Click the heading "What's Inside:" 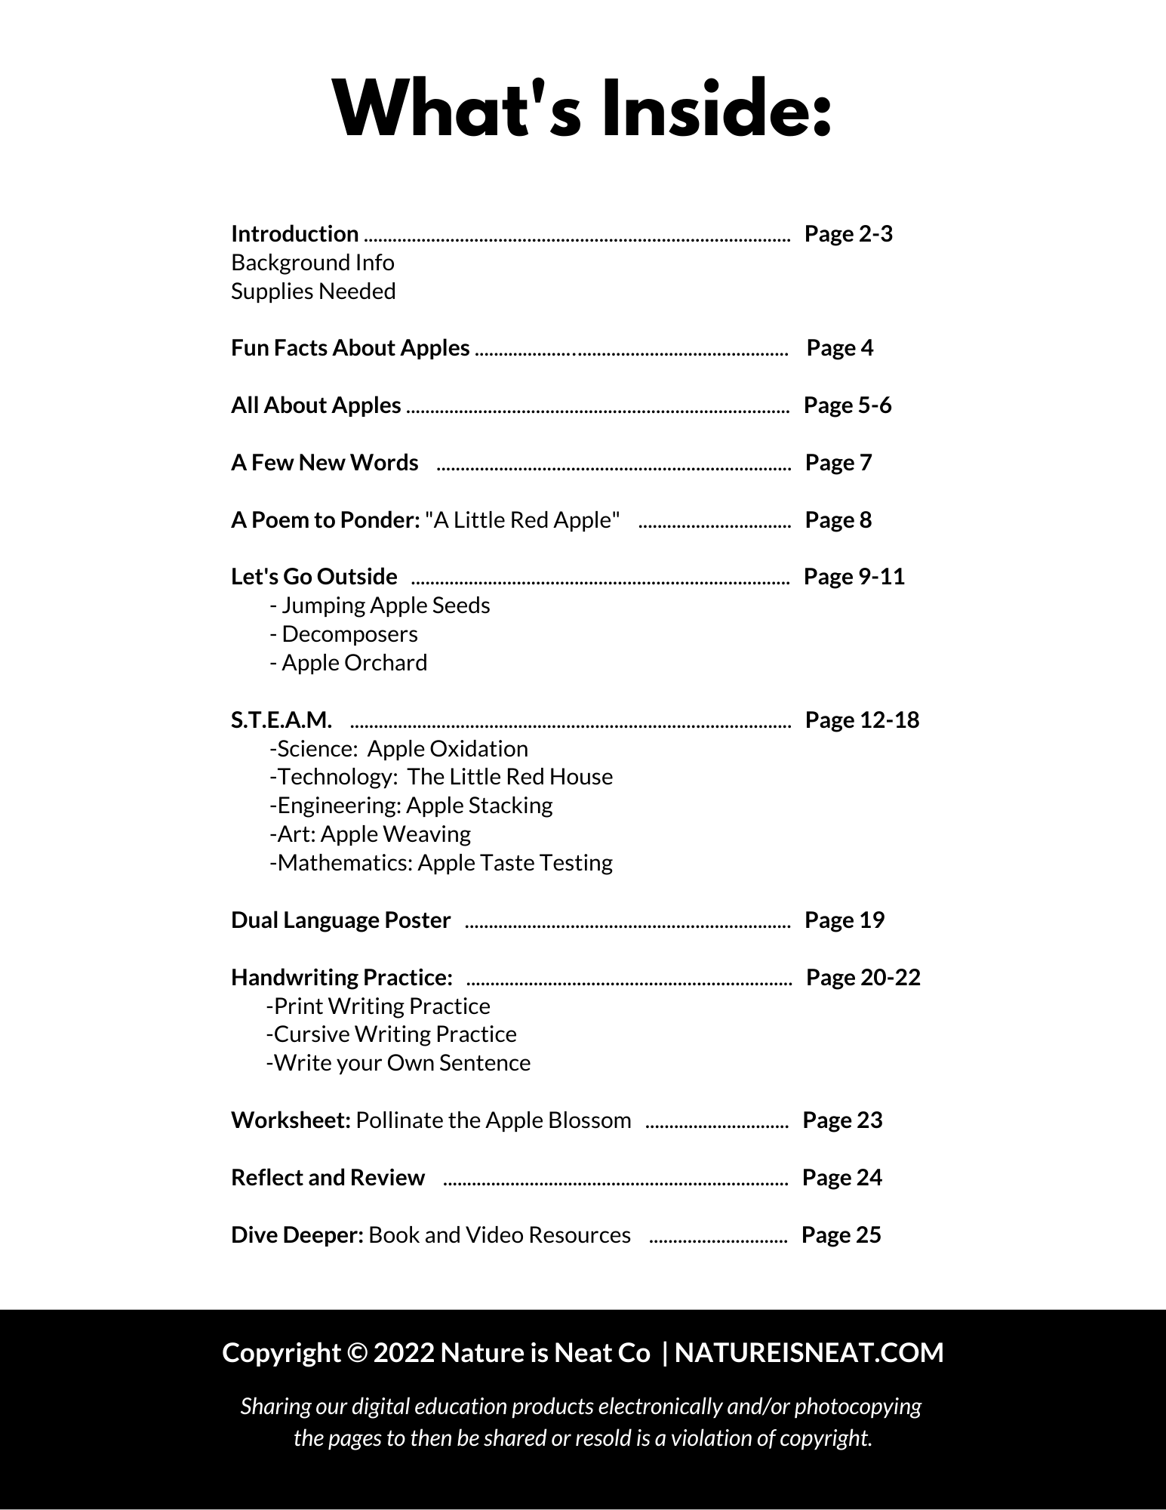pos(582,110)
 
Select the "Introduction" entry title pos(294,234)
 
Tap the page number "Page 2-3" pos(848,234)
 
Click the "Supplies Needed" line pos(313,291)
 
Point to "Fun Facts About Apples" pos(350,348)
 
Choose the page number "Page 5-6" pos(848,405)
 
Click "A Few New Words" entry pos(325,463)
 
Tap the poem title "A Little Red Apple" pos(522,520)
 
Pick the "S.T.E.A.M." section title pos(282,720)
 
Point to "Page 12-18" pos(862,720)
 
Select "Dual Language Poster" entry pos(340,920)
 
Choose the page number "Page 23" pos(842,1120)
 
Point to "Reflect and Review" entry pos(328,1178)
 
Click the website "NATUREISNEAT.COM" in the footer pos(809,1353)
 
